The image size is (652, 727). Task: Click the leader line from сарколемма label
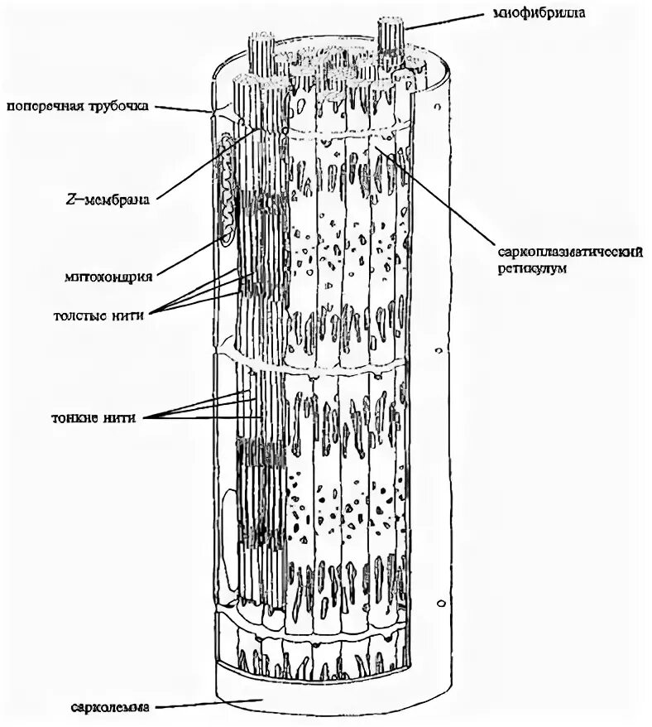[x=207, y=704]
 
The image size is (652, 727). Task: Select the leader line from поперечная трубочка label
[x=184, y=108]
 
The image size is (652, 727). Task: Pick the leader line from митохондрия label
[x=194, y=257]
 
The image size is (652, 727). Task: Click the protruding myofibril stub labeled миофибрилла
[x=392, y=33]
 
